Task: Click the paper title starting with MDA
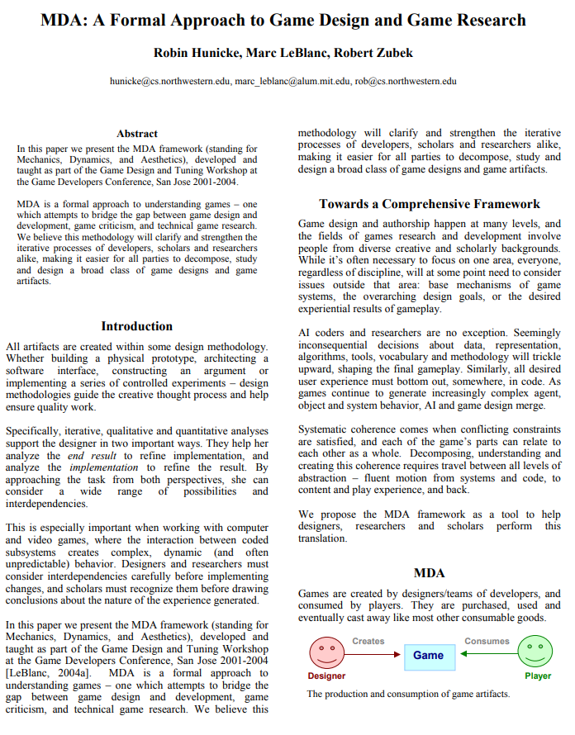283,20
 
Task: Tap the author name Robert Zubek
376,53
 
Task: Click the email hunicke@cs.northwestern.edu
169,82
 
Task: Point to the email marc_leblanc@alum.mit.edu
293,82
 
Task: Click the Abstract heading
137,133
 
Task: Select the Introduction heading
136,326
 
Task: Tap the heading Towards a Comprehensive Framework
430,204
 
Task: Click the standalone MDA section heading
429,573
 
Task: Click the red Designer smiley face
327,652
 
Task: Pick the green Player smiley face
535,652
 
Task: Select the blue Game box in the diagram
428,655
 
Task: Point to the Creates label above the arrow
368,640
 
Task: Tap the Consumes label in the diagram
487,640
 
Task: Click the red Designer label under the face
326,676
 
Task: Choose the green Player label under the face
537,676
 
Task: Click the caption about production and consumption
408,694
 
